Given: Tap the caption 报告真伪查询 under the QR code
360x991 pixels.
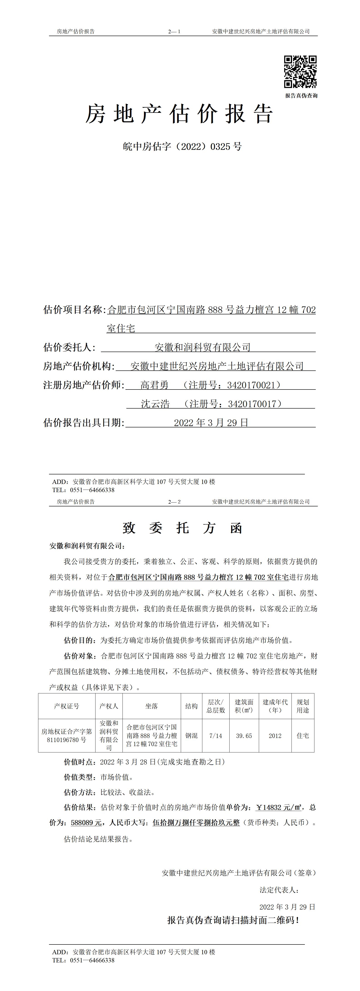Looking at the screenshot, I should click(x=301, y=96).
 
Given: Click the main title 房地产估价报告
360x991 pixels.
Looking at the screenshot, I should click(x=179, y=114).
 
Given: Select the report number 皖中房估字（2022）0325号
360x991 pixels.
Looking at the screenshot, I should click(x=182, y=147).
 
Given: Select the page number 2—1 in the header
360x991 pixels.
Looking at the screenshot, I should click(x=174, y=32).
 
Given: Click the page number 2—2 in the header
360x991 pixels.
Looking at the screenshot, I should click(x=174, y=502).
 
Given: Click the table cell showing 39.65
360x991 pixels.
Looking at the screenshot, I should click(x=244, y=736).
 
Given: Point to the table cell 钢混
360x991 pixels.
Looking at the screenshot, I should click(x=191, y=736).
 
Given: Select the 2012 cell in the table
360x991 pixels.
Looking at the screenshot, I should click(x=275, y=736).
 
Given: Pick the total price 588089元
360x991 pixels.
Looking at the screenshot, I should click(x=86, y=823).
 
